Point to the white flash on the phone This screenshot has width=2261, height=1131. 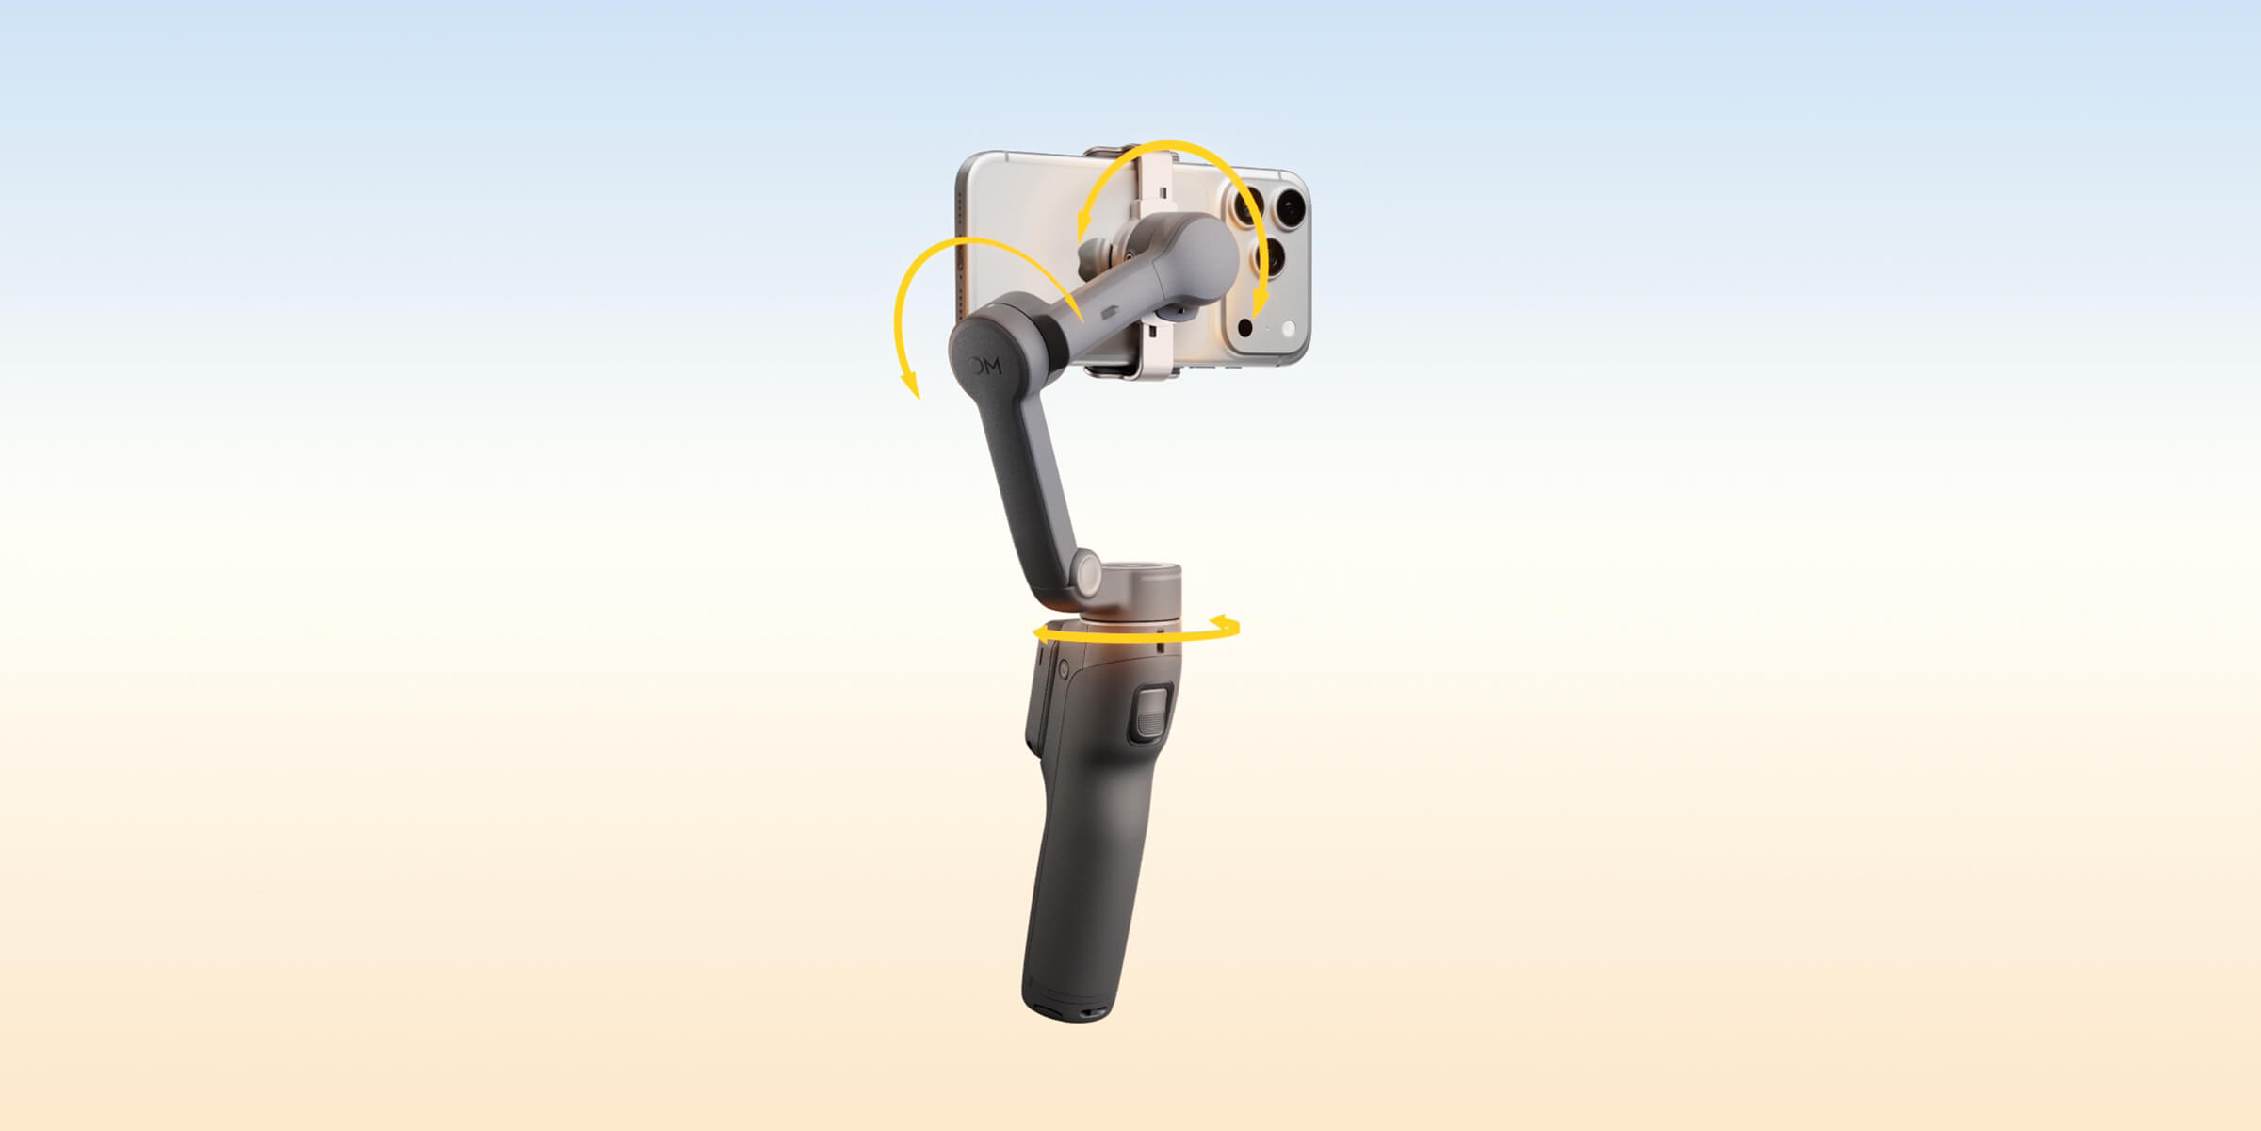tap(1290, 328)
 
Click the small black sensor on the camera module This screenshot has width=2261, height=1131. tap(1245, 327)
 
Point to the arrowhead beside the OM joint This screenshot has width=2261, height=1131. tap(910, 383)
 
